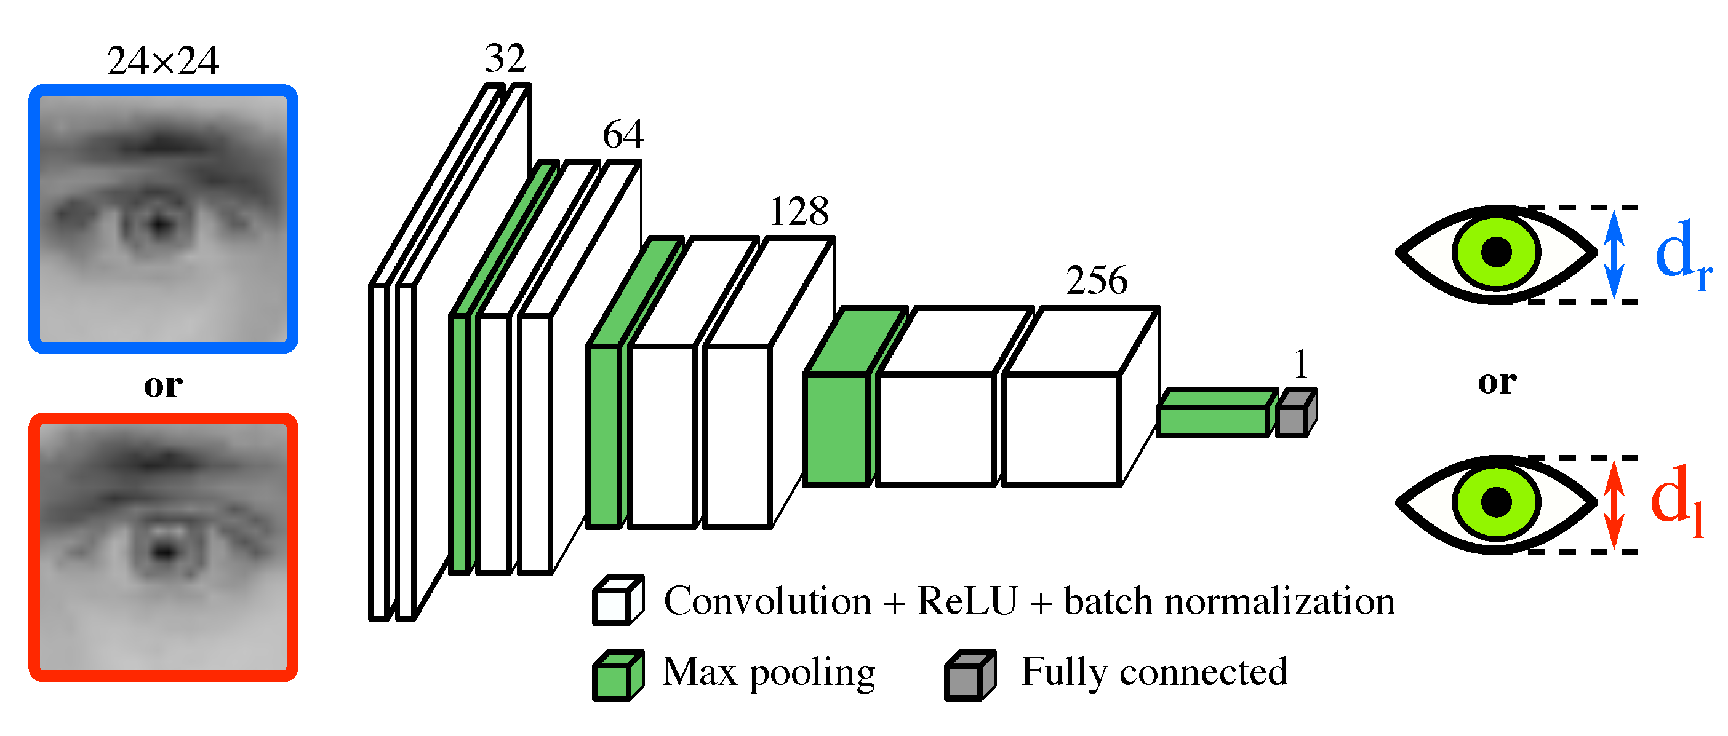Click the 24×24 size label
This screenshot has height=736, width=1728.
pos(163,61)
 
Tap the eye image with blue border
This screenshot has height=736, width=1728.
pos(163,218)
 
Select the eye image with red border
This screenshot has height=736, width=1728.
pos(163,547)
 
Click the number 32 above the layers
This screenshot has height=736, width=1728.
pos(505,58)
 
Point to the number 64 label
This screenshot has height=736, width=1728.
pos(623,135)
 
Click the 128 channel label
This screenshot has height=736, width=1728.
pos(799,212)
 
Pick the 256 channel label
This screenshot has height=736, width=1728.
pos(1097,280)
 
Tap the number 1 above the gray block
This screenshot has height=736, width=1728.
pos(1301,365)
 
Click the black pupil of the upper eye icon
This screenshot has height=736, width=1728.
pos(1496,253)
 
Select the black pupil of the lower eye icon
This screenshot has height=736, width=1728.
pos(1496,502)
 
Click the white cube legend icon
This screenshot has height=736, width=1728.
pos(617,601)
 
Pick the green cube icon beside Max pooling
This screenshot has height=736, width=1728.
pos(617,675)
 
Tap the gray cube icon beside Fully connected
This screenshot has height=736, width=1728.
pos(969,675)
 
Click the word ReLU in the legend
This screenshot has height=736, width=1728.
pos(967,601)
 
